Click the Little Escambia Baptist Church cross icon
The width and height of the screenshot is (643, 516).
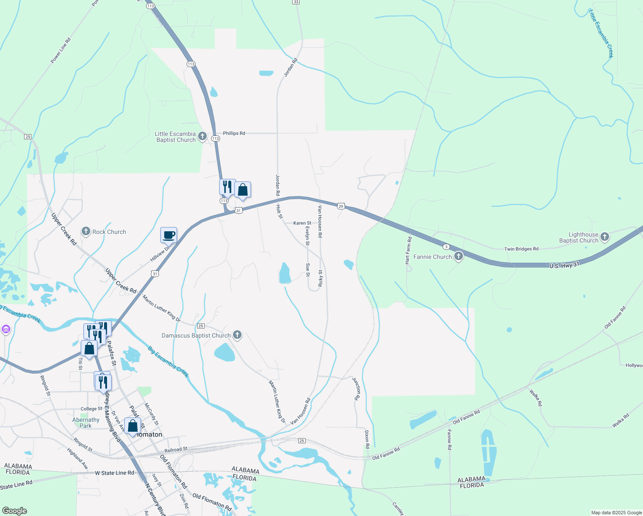203,137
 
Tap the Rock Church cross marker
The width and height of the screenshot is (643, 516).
86,231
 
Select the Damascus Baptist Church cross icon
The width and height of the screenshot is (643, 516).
237,335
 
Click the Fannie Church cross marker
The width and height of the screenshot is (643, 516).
459,257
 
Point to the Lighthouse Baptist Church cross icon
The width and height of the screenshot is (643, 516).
605,237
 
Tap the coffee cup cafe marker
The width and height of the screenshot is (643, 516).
168,235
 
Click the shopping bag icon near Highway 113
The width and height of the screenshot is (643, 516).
242,190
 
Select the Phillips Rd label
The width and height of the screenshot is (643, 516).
234,133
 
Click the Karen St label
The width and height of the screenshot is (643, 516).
302,223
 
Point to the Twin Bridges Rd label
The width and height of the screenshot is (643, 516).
521,249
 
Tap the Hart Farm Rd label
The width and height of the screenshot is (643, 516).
408,250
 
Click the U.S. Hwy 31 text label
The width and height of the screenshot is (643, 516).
564,265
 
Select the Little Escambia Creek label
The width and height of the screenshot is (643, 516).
601,34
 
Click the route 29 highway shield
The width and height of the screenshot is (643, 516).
340,206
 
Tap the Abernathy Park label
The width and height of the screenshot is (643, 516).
86,423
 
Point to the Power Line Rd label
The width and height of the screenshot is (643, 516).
61,51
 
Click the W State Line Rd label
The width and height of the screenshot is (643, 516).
114,473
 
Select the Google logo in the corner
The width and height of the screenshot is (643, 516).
14,511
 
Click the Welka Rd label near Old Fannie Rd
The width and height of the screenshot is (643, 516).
536,398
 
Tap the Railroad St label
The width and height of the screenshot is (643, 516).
176,449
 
